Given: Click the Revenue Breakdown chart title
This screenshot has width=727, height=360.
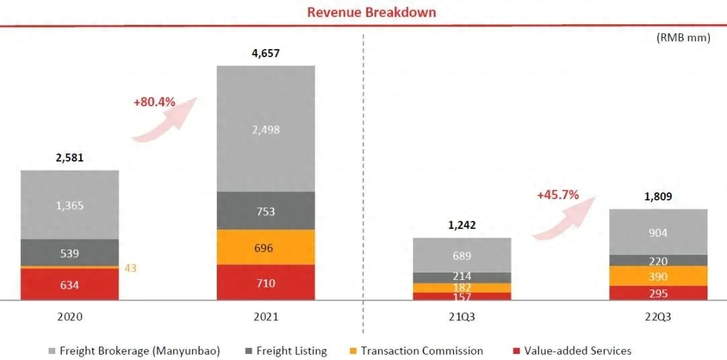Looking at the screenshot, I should (x=372, y=12).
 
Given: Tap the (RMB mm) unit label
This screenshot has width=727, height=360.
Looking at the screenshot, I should (x=683, y=38).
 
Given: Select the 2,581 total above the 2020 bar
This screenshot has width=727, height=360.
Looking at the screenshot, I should (x=69, y=157).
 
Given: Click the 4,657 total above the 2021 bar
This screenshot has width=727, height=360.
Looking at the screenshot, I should (x=265, y=52).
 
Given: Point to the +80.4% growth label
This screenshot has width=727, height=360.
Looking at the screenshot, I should (x=154, y=102).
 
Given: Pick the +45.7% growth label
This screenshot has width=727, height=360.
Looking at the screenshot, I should (x=557, y=194).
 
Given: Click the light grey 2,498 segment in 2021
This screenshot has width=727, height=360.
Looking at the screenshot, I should (x=265, y=129).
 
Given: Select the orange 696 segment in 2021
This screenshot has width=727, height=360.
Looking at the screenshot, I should (x=265, y=248).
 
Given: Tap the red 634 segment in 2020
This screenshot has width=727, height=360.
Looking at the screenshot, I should (x=69, y=285).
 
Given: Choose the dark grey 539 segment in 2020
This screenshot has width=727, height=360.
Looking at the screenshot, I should (x=69, y=254).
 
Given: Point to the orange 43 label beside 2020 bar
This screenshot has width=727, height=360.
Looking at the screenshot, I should (x=131, y=268).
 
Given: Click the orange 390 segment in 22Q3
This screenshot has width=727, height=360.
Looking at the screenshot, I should (x=658, y=277).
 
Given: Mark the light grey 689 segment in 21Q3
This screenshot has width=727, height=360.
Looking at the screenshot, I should (x=462, y=256).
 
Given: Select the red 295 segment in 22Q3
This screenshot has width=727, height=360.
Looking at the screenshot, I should (x=658, y=293).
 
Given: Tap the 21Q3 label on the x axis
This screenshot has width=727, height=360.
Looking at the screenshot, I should (x=462, y=316).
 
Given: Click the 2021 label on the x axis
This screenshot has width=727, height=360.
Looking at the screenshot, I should (x=265, y=316).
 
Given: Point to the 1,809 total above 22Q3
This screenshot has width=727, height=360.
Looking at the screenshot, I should (x=658, y=196).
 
